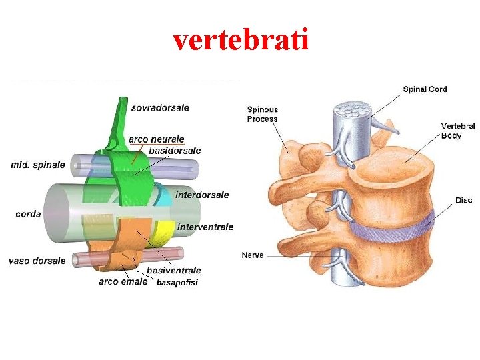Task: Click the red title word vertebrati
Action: tap(241, 41)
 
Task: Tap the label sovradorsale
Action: tap(160, 107)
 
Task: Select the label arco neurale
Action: tap(157, 139)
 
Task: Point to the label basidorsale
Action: tap(175, 151)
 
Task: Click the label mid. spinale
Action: tap(38, 164)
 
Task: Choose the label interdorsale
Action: tap(202, 195)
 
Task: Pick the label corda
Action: tap(28, 214)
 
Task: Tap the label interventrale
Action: tap(205, 227)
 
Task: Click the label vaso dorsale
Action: tap(37, 261)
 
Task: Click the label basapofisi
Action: tap(177, 283)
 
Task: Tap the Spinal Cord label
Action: tap(425, 89)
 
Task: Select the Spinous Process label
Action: tap(263, 114)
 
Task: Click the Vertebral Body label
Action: tap(458, 130)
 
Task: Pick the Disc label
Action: tap(463, 200)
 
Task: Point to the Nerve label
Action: tap(252, 255)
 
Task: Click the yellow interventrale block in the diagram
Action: tap(163, 230)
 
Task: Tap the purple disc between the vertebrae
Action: tap(393, 227)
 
